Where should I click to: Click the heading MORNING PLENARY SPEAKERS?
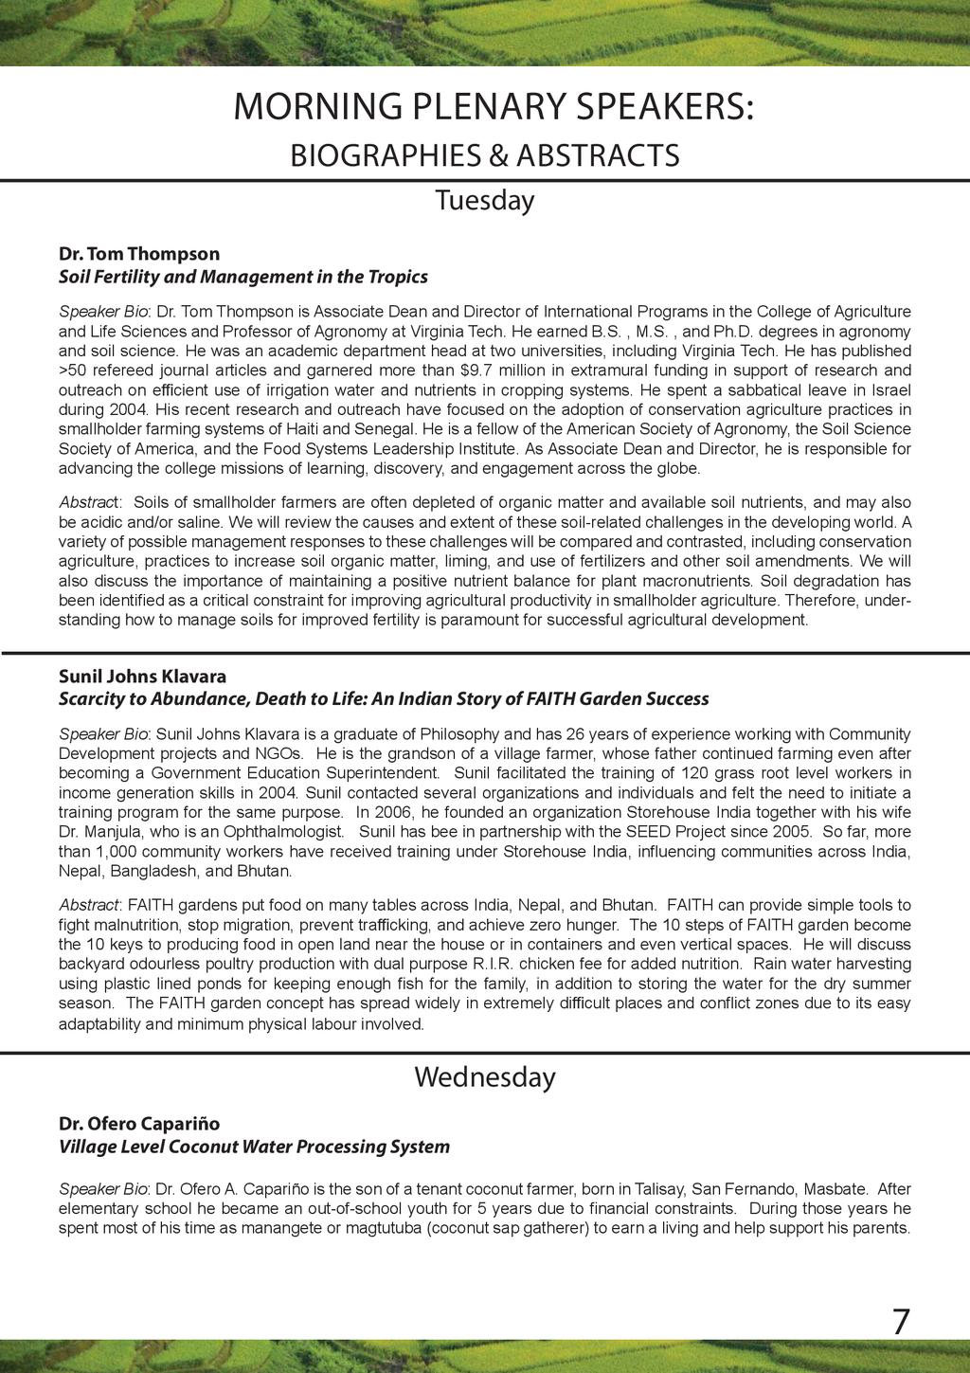pyautogui.click(x=494, y=107)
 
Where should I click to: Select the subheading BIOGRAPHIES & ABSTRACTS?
pyautogui.click(x=484, y=154)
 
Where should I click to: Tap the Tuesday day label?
pyautogui.click(x=484, y=201)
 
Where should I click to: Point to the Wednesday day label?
pyautogui.click(x=484, y=1077)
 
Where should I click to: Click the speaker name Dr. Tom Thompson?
pyautogui.click(x=139, y=254)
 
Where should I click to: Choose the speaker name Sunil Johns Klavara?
pyautogui.click(x=142, y=677)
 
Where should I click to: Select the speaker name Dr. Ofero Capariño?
pyautogui.click(x=139, y=1124)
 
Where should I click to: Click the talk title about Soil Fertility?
pyautogui.click(x=242, y=277)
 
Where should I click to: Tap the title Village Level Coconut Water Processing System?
pyautogui.click(x=254, y=1147)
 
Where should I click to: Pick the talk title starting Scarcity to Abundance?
pyautogui.click(x=384, y=699)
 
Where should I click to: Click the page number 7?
pyautogui.click(x=901, y=1321)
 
